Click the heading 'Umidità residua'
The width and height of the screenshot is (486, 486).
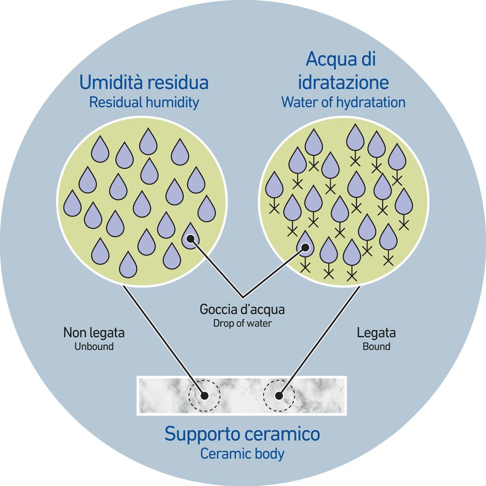[144, 82]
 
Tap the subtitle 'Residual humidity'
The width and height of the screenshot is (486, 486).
[144, 102]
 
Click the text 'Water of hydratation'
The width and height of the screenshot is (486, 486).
[343, 102]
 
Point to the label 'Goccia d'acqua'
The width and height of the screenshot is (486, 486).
[243, 310]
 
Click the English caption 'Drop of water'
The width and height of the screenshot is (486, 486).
[243, 323]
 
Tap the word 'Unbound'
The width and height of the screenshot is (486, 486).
[94, 346]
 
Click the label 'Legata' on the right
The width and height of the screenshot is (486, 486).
[376, 333]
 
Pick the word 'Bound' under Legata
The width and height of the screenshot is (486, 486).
[376, 346]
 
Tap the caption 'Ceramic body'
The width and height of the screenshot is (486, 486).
[242, 453]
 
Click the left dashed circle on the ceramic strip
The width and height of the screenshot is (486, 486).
[205, 395]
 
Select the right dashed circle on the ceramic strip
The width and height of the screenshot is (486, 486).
[279, 395]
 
